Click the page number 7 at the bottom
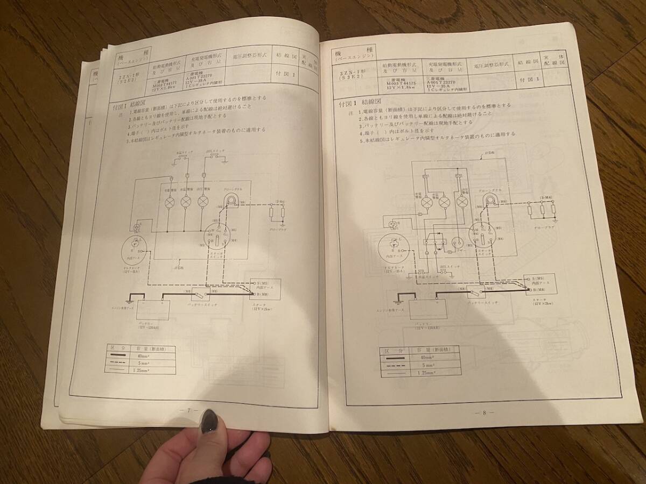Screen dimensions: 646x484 (x=189, y=410)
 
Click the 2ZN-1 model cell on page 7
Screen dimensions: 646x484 (x=129, y=80)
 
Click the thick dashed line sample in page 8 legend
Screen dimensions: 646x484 (x=398, y=365)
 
